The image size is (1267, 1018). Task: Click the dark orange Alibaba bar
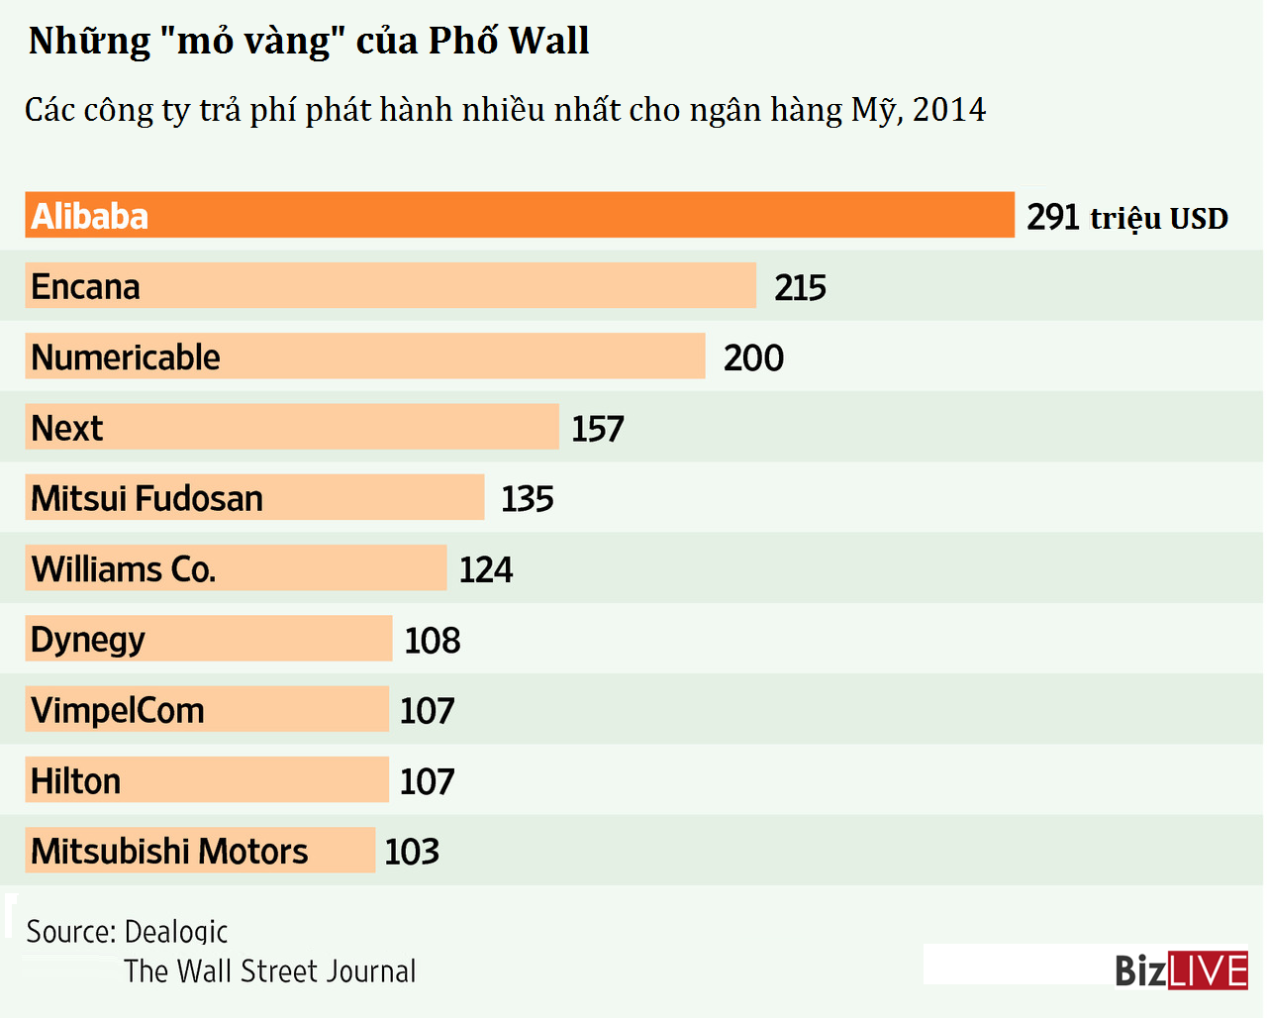[520, 215]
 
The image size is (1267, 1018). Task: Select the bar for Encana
[390, 286]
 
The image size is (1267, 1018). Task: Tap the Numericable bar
[364, 356]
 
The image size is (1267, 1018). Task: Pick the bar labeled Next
[292, 427]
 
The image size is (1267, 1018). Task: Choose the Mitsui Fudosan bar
[254, 497]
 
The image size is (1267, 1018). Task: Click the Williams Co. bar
[236, 568]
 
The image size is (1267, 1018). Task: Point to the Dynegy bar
[209, 639]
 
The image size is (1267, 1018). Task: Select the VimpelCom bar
[207, 709]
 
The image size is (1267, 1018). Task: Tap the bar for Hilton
[207, 780]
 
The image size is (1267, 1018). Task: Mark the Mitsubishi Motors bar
[200, 851]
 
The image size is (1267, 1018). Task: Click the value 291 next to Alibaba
[1053, 217]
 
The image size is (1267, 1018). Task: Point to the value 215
[800, 288]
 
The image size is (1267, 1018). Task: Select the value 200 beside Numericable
[753, 358]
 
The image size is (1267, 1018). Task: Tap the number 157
[598, 429]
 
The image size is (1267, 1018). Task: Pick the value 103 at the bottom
[412, 852]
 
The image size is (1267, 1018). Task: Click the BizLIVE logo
[1181, 970]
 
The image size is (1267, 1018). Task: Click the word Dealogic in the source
[176, 932]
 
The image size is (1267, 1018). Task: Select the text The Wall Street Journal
[270, 971]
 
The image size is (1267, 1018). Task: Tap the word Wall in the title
[548, 41]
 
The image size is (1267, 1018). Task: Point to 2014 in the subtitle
[949, 110]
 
